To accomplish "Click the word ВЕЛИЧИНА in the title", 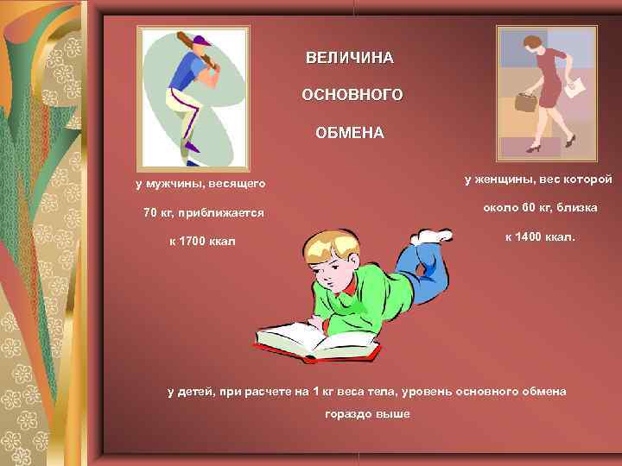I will [349, 59].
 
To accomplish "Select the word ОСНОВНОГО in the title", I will [352, 95].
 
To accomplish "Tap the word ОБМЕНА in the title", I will [350, 135].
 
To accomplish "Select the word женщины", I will [509, 179].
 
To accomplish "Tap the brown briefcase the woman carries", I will [525, 103].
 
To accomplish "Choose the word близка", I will [578, 207].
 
